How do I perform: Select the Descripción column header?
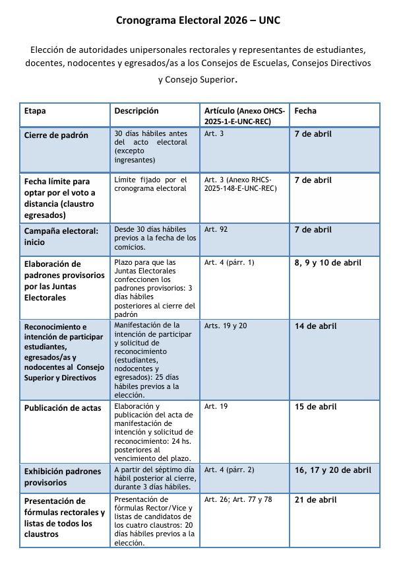tap(137, 111)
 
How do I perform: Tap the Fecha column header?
tap(305, 111)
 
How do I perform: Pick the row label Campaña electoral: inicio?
tap(61, 235)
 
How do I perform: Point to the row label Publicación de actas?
tap(63, 407)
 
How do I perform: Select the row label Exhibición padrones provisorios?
tap(62, 477)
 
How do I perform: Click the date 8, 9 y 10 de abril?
tap(328, 263)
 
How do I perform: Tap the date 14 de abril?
tap(315, 326)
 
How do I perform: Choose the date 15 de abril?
tap(315, 407)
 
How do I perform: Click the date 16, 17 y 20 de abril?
tap(332, 470)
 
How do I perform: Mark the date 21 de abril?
tap(315, 500)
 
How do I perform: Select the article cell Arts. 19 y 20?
tap(226, 326)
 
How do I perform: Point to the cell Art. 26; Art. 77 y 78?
tap(237, 500)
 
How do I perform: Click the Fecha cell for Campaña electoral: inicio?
tap(313, 230)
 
